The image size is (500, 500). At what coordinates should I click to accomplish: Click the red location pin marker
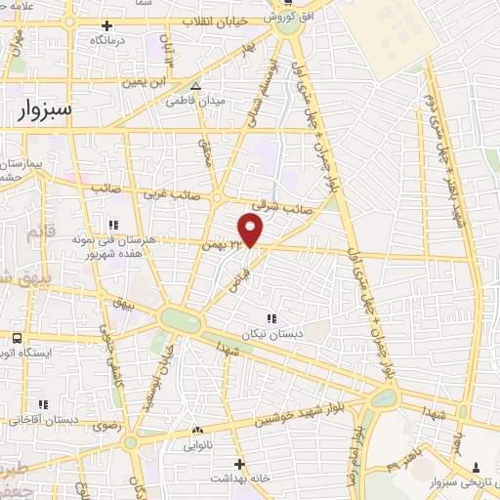251,230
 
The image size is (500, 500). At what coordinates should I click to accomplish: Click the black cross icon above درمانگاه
107,26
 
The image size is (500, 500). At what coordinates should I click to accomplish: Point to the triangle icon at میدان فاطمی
196,86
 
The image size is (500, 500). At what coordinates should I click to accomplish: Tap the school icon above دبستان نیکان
271,317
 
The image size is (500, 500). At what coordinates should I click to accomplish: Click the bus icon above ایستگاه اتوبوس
17,338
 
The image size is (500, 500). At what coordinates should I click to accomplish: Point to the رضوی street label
104,426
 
